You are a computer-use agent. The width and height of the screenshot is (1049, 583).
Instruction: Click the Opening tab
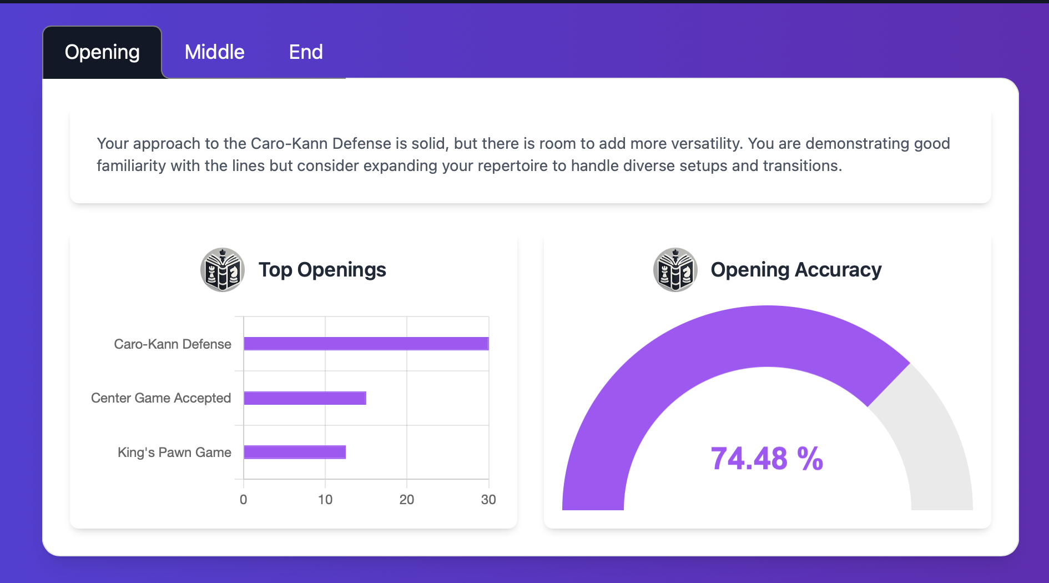[x=102, y=52]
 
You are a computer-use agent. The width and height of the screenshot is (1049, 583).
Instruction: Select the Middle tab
[x=214, y=52]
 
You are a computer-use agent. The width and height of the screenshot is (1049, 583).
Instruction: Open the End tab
[x=306, y=52]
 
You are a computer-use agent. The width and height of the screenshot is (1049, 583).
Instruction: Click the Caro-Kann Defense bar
[x=366, y=344]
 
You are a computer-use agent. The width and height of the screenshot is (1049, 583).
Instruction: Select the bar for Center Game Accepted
[x=305, y=398]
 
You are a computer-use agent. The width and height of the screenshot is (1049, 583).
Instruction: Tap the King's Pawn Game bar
[x=295, y=452]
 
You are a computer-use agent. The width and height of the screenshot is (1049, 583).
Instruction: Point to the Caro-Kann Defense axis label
[x=173, y=344]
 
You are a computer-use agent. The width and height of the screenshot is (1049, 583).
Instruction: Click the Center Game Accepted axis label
[x=161, y=398]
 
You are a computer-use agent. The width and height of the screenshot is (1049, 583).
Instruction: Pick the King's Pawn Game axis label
[x=174, y=453]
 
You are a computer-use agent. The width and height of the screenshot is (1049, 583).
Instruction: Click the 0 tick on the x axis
[x=243, y=500]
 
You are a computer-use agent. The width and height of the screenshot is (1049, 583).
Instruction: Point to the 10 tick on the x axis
[x=325, y=500]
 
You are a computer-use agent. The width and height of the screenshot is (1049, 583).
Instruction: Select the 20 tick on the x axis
[x=407, y=500]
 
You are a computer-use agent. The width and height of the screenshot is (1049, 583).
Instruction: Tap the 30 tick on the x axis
[x=488, y=500]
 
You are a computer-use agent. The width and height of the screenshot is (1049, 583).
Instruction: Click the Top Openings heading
[x=322, y=270]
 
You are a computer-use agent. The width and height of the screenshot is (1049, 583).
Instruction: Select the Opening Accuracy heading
[x=796, y=270]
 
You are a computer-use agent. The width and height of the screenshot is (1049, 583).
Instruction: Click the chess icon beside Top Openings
[x=223, y=270]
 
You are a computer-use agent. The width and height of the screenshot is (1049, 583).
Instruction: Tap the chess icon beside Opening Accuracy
[x=675, y=270]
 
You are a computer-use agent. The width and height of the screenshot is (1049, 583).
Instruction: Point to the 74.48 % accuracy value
[x=767, y=459]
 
